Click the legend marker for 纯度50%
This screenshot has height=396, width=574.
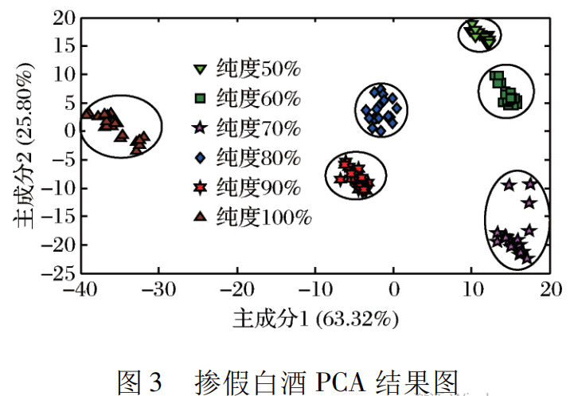click(x=201, y=70)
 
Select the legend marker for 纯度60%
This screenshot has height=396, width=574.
click(x=201, y=99)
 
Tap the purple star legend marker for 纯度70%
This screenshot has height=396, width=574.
click(x=201, y=127)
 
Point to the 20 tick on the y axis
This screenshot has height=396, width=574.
click(x=60, y=18)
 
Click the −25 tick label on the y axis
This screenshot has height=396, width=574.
click(x=56, y=273)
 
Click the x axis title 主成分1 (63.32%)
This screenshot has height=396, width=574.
click(x=314, y=320)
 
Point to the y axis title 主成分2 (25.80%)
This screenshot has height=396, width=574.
click(x=25, y=149)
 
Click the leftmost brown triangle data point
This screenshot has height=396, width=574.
click(x=87, y=113)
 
